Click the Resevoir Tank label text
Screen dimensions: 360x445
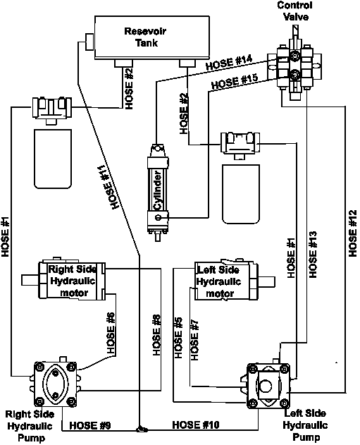coord(145,37)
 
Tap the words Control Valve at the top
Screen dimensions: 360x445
coord(294,11)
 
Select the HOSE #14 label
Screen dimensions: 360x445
coord(229,63)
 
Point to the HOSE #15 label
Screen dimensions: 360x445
coord(235,81)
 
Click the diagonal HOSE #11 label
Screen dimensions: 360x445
coord(108,188)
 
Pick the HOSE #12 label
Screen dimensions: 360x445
coord(353,233)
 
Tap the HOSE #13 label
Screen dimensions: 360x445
coord(313,255)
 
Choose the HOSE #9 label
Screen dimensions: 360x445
coord(90,425)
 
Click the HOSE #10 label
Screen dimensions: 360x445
coord(196,425)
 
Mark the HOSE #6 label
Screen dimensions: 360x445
coord(111,333)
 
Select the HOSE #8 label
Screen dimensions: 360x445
coord(156,335)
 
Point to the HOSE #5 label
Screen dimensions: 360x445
coord(178,338)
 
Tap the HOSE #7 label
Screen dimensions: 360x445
coord(194,340)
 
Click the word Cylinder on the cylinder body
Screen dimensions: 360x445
coord(158,190)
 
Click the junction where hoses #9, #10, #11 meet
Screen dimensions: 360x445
coord(139,429)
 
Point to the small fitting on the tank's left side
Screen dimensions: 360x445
coord(89,42)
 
